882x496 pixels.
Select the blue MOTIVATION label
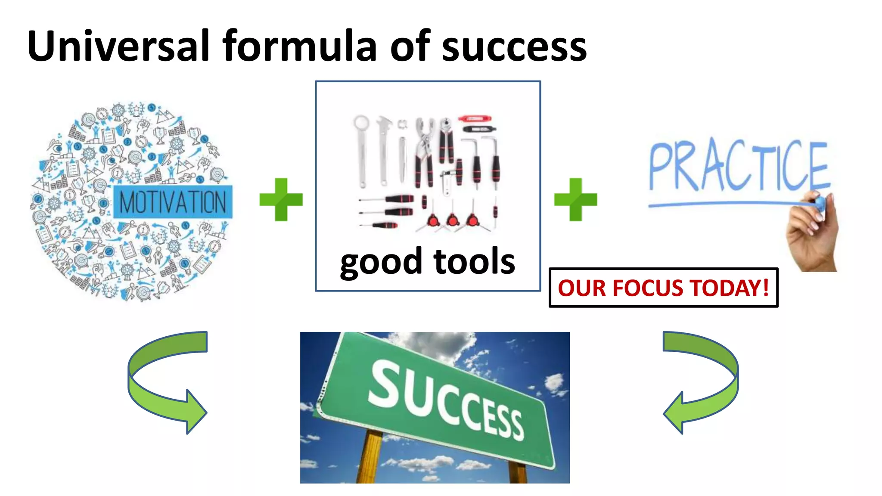click(173, 202)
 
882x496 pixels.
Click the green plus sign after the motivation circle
click(281, 199)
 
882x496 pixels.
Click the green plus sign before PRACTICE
click(575, 199)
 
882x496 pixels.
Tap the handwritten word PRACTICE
click(738, 166)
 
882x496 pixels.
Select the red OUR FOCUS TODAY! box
click(663, 288)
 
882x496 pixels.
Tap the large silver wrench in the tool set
click(361, 151)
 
